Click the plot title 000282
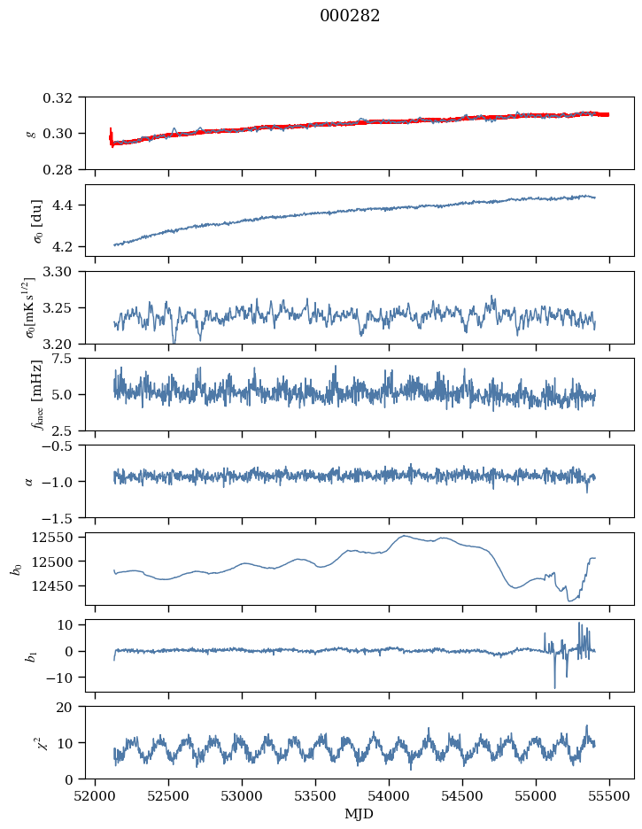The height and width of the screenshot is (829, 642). tap(350, 16)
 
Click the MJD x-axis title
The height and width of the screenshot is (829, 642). tap(360, 813)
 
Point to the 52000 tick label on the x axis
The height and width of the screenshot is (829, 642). tap(95, 796)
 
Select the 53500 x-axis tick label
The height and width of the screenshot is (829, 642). tap(315, 796)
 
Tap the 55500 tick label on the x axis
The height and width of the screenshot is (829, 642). tap(609, 796)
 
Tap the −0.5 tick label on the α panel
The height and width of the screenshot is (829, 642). tap(61, 445)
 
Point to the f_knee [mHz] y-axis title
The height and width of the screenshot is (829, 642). tap(36, 394)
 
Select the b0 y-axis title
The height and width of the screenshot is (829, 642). tap(18, 569)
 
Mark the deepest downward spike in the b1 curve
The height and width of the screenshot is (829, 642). tap(555, 688)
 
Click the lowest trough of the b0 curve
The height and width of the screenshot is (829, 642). tap(569, 601)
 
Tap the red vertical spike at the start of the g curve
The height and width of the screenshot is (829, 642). tap(111, 136)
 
